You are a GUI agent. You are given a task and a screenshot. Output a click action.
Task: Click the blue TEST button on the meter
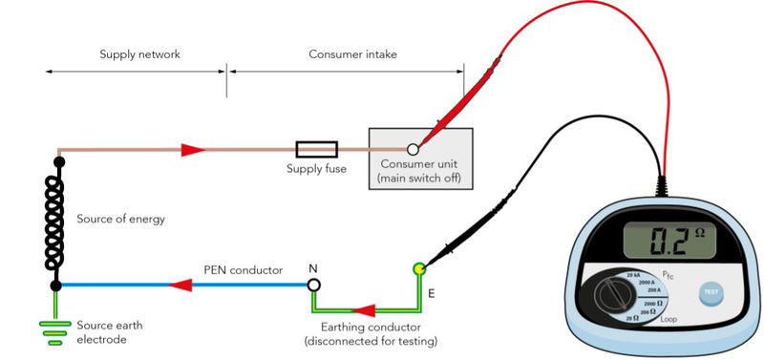click(x=711, y=290)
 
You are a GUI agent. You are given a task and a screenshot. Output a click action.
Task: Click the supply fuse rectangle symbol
click(x=316, y=149)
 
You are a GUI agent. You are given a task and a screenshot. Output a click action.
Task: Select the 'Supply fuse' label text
click(x=316, y=169)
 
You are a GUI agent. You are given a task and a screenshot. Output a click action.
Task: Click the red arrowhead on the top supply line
click(x=193, y=150)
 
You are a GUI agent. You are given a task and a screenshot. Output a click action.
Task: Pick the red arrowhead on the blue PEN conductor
click(x=180, y=285)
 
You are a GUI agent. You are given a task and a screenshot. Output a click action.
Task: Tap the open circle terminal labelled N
click(x=312, y=285)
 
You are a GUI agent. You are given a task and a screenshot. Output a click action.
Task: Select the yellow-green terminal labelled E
click(x=418, y=270)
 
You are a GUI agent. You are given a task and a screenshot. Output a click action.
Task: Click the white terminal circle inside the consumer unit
click(x=414, y=149)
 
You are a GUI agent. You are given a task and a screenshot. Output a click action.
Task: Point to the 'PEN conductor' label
click(x=243, y=270)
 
